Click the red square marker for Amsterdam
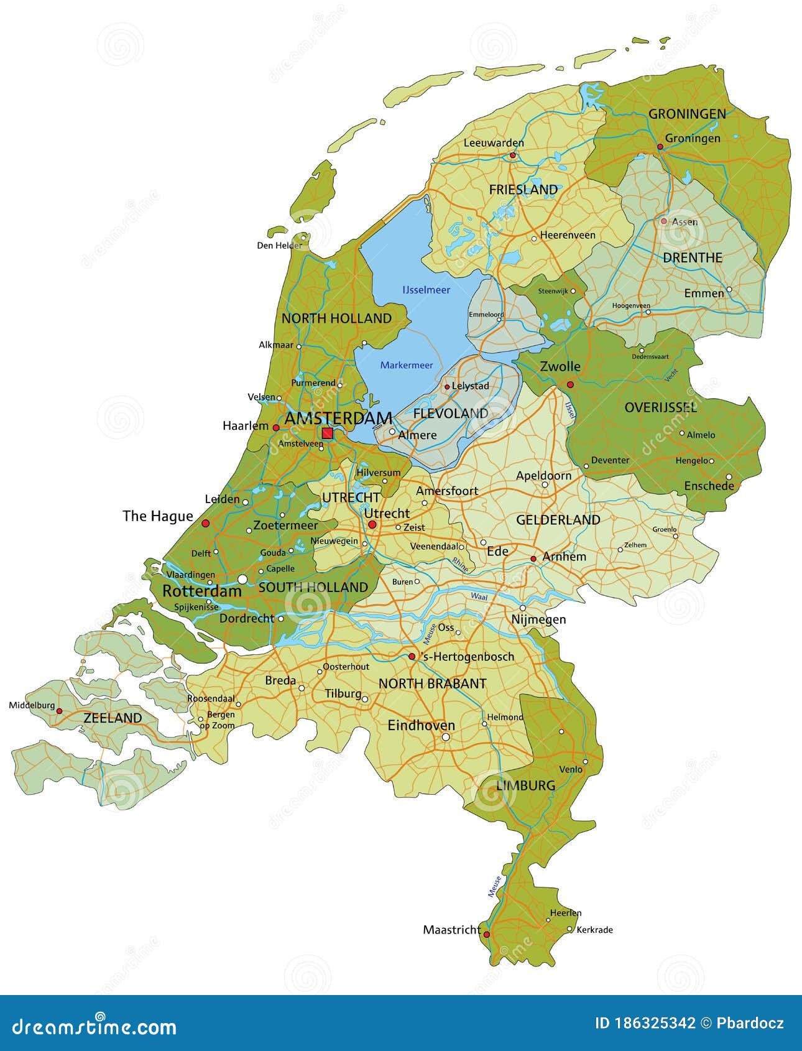327,433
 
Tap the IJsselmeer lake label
426,290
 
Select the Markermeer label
407,365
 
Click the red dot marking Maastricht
487,934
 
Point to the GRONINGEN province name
687,114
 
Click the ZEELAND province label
113,718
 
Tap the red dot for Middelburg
60,710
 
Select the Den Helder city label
279,245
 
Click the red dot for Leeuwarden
513,155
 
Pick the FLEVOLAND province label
451,413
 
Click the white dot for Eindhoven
446,737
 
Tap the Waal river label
479,596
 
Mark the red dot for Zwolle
570,384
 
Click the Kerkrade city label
594,930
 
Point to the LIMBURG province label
525,785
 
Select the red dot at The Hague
206,524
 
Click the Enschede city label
709,486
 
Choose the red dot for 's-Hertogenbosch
412,656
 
